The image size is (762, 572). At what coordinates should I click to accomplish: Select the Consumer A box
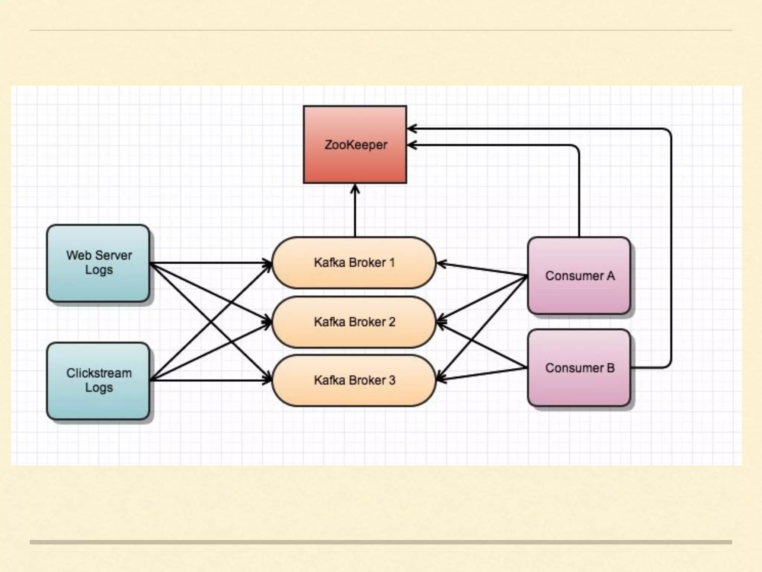(579, 294)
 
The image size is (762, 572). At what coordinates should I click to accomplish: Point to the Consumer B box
(579, 387)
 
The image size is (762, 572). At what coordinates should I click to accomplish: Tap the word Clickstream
(99, 373)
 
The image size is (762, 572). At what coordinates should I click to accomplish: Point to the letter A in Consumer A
(611, 276)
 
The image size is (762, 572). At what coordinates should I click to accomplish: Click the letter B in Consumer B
(611, 368)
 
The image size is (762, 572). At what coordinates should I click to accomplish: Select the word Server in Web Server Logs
(114, 255)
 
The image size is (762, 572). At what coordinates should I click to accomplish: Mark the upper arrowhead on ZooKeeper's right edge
(412, 129)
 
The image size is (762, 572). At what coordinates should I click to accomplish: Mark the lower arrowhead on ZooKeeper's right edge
(412, 145)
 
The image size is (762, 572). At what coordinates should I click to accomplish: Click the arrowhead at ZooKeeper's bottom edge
(355, 189)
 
